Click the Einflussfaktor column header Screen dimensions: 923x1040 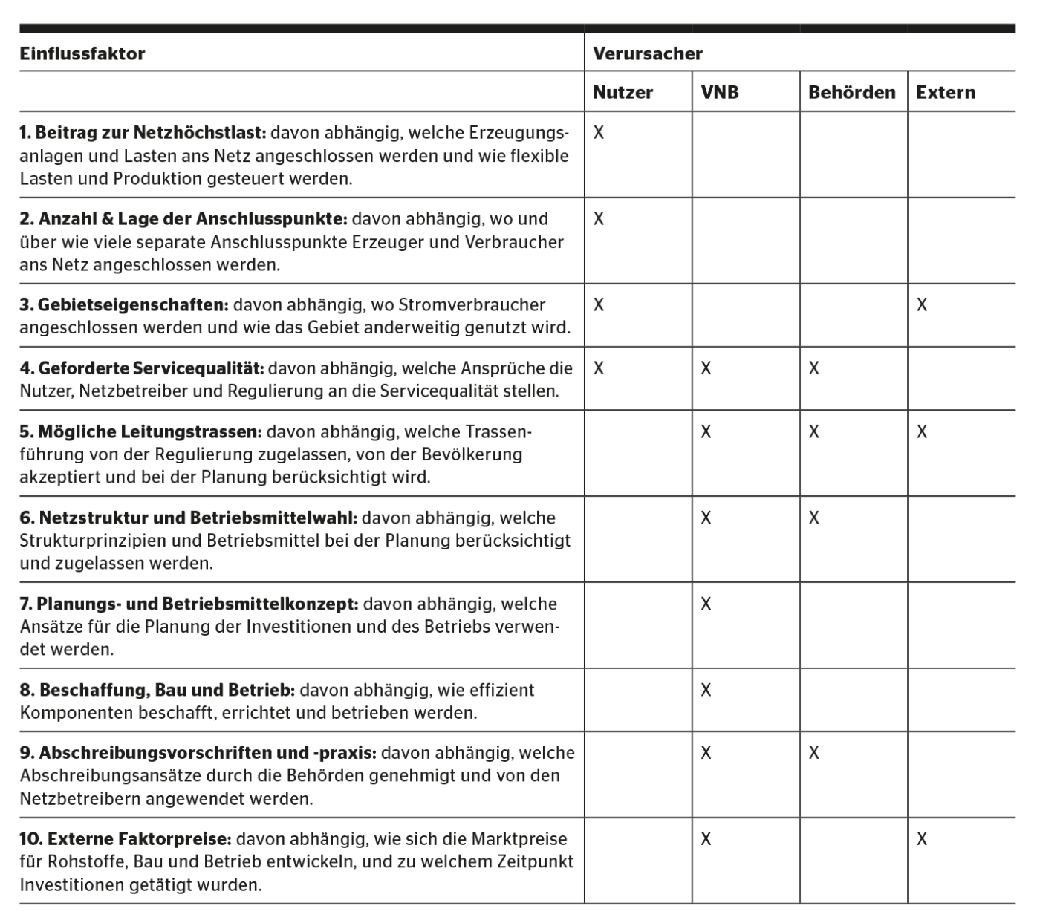pyautogui.click(x=82, y=54)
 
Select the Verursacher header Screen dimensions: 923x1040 pyautogui.click(x=648, y=54)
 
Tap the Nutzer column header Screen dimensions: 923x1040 pyautogui.click(x=623, y=93)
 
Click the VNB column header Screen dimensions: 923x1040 pyautogui.click(x=720, y=93)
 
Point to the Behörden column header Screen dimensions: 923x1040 pyautogui.click(x=851, y=93)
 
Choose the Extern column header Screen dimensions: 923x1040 pyautogui.click(x=946, y=93)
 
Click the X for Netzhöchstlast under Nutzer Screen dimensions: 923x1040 pyautogui.click(x=599, y=133)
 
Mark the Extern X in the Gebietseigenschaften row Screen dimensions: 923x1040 pyautogui.click(x=922, y=305)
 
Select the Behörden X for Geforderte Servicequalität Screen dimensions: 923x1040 pyautogui.click(x=814, y=368)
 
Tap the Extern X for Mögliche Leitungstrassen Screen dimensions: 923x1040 pyautogui.click(x=922, y=432)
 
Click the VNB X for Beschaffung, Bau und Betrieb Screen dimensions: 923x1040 pyautogui.click(x=706, y=690)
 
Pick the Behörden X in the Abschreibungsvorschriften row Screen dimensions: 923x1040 pyautogui.click(x=814, y=753)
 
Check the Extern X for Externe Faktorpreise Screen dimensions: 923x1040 pyautogui.click(x=922, y=839)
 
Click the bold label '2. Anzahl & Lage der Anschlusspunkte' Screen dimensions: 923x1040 pyautogui.click(x=183, y=219)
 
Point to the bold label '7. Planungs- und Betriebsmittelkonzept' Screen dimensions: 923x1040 pyautogui.click(x=189, y=604)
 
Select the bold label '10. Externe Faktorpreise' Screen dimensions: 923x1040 pyautogui.click(x=126, y=839)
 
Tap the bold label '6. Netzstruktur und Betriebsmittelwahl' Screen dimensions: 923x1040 pyautogui.click(x=189, y=518)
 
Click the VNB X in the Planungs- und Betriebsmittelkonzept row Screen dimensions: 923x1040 pyautogui.click(x=706, y=604)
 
